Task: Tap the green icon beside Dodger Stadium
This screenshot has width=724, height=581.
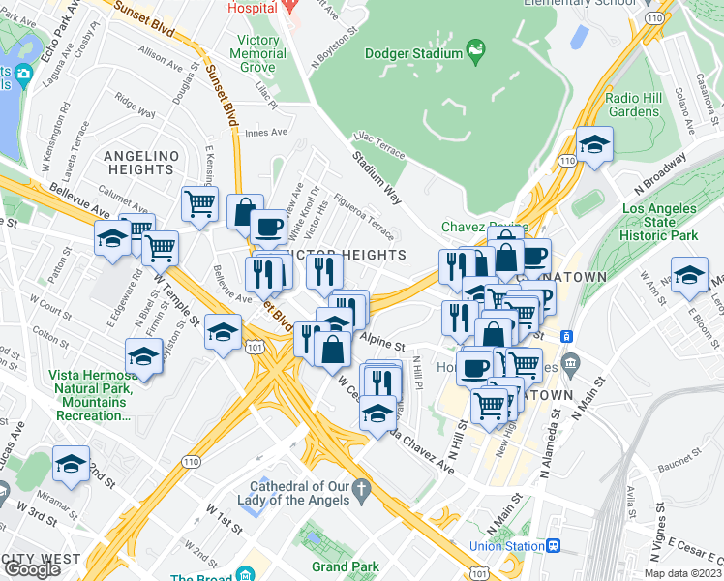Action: pos(475,48)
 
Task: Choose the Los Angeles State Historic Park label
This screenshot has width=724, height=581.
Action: pos(659,222)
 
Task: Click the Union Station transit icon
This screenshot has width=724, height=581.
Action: pos(553,546)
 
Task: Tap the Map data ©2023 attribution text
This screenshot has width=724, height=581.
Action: pos(682,573)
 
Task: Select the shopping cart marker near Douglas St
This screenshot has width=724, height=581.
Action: pos(199,204)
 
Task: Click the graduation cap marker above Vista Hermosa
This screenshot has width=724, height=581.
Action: pos(143,356)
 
